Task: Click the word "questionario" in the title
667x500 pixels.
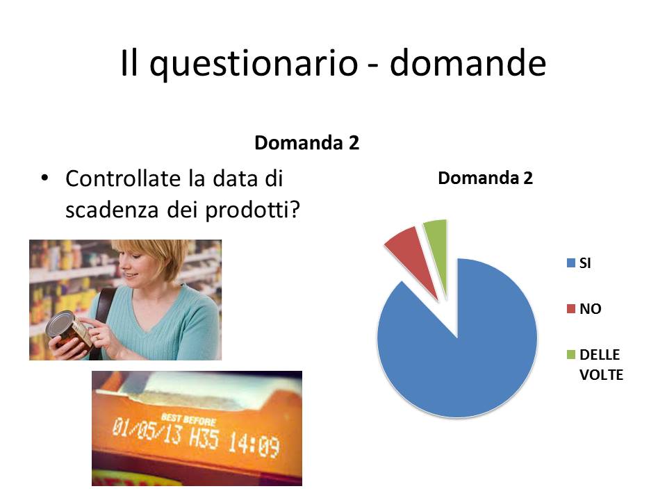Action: pos(254,64)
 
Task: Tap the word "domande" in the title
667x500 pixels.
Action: pos(468,63)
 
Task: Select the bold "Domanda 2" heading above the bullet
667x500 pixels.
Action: pos(306,143)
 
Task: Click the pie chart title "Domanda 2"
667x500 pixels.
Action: pos(486,178)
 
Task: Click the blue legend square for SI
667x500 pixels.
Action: pos(571,263)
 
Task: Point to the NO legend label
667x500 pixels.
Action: pos(591,308)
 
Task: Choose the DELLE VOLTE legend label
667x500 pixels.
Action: pos(601,365)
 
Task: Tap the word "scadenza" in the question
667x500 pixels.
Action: pos(112,210)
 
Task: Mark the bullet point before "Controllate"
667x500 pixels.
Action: pos(44,178)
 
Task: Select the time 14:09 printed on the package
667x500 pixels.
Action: pos(254,444)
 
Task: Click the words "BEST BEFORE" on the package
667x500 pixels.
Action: pos(188,419)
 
